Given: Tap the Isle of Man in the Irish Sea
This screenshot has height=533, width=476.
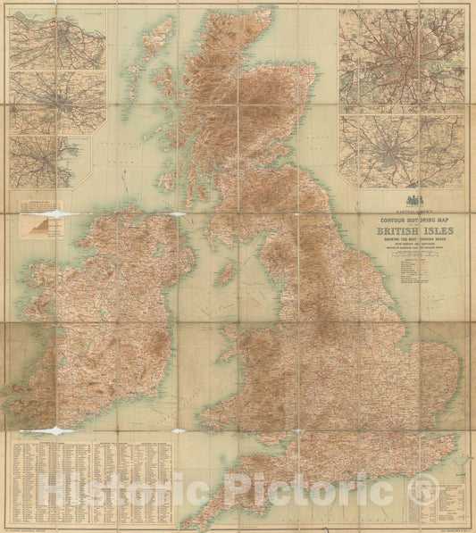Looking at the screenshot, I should click(227, 271).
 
